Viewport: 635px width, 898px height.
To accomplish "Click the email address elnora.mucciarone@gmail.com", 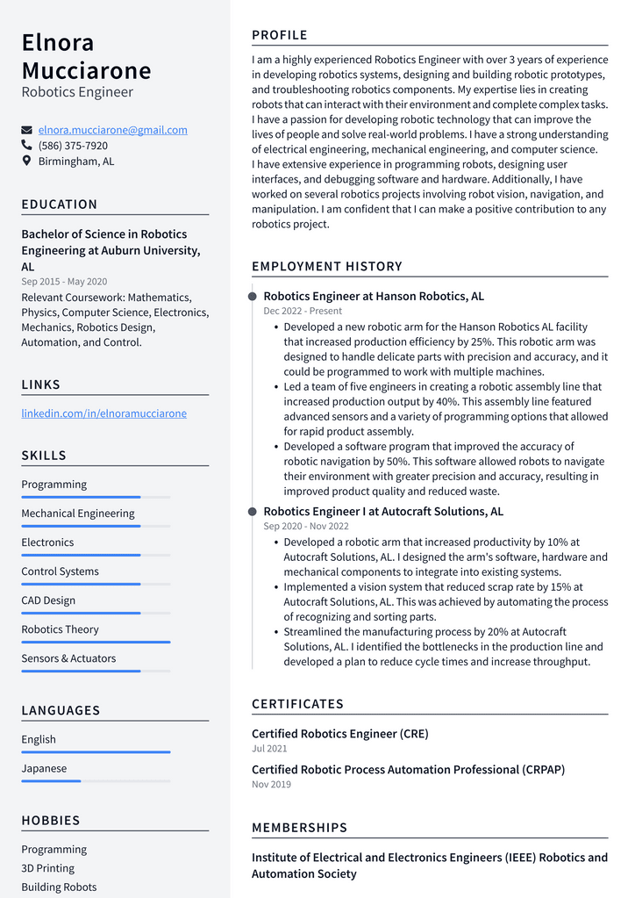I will pos(112,130).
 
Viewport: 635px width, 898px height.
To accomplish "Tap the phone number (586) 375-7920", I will pos(73,146).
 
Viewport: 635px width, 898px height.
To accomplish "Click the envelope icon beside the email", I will pos(27,130).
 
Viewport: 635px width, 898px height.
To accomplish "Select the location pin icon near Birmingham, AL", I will pos(27,162).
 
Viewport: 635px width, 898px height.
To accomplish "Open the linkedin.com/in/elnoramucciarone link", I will pos(103,413).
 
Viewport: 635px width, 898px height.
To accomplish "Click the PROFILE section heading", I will pos(280,35).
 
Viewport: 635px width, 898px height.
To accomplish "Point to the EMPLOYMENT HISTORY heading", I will pos(326,266).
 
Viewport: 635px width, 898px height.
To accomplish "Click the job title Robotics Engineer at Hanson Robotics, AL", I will pos(374,297).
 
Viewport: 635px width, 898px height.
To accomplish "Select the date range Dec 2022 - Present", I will pos(303,311).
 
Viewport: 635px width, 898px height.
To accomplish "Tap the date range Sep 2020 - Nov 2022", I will pos(306,526).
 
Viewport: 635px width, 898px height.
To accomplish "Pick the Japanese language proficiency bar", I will pos(51,780).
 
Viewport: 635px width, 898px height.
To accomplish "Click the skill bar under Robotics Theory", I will pos(96,642).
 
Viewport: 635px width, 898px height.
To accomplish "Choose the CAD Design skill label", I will pos(48,600).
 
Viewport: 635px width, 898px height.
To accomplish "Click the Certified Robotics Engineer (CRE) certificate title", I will pos(340,734).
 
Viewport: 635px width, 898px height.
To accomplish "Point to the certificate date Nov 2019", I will pos(271,784).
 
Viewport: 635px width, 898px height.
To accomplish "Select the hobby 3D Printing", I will pos(48,868).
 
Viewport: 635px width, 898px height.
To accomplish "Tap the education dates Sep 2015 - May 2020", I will pos(64,282).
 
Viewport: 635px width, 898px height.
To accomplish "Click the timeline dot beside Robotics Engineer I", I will pos(253,512).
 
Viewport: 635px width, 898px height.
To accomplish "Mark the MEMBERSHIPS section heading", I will pos(299,828).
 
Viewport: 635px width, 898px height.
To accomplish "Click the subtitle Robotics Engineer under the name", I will pos(77,92).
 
